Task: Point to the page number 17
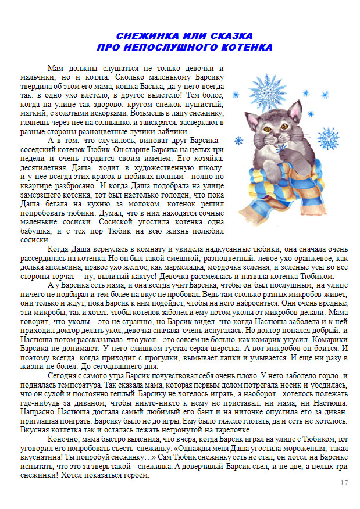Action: coord(343,483)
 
